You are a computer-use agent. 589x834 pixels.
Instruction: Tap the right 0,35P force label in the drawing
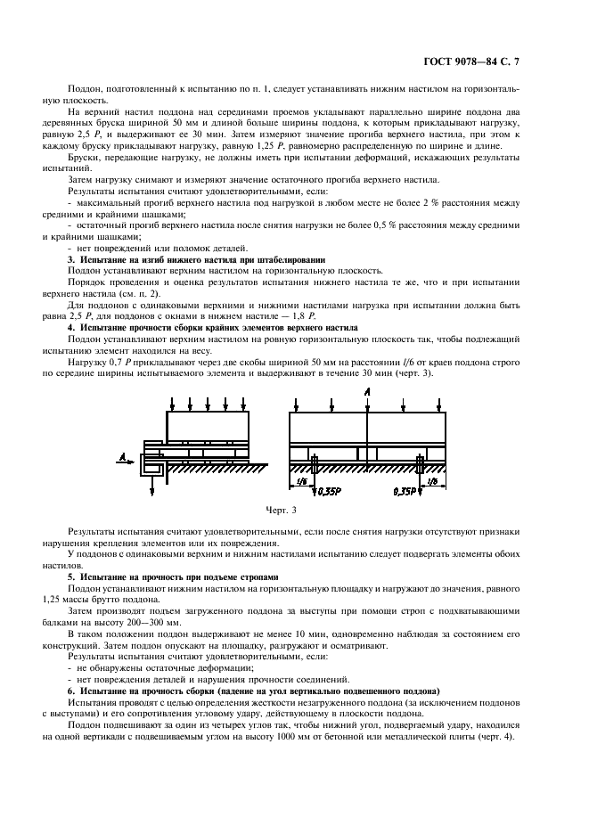[406, 489]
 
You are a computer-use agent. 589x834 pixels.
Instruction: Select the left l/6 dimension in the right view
[299, 481]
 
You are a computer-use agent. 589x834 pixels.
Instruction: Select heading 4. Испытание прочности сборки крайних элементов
[213, 327]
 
